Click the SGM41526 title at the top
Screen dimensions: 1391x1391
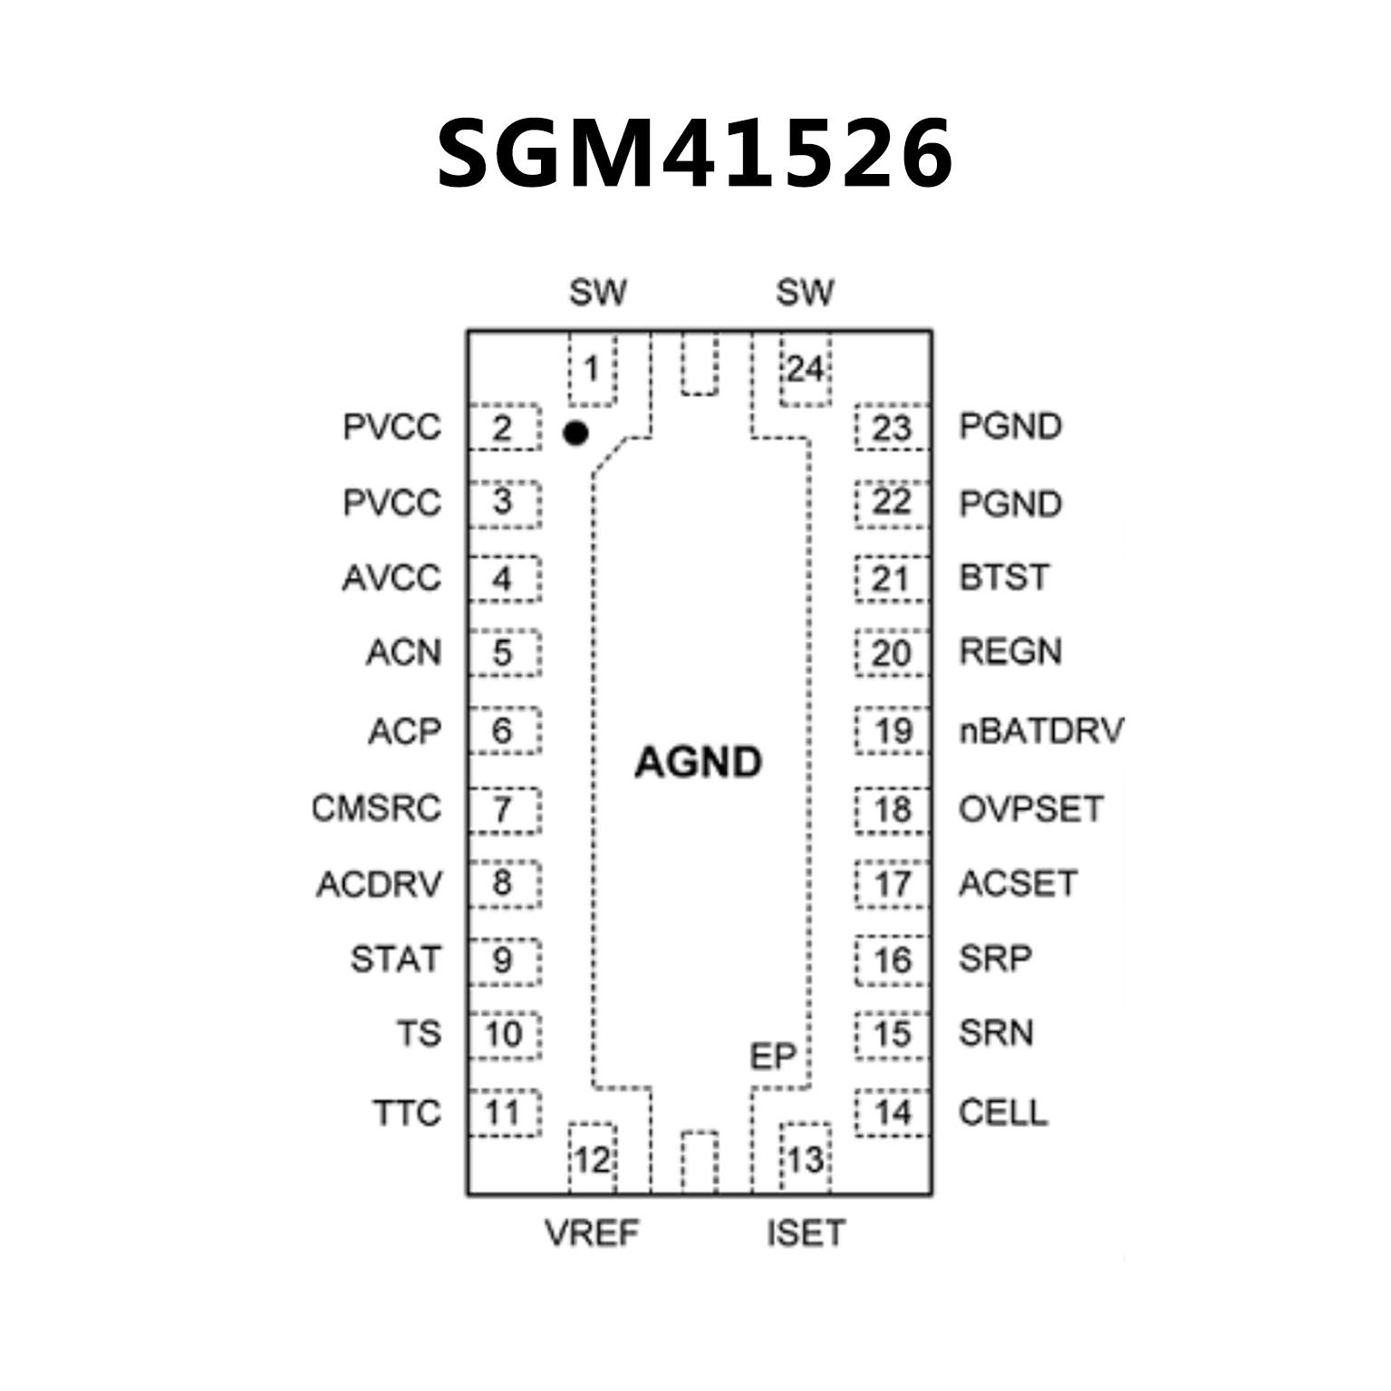[x=694, y=154]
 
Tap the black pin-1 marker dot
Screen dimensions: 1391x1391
[x=575, y=433]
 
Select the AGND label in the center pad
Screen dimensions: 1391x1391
[x=698, y=762]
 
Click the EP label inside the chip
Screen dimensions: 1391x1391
[x=772, y=1057]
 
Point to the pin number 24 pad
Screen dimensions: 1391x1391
[x=805, y=370]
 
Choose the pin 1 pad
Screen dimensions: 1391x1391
[x=592, y=370]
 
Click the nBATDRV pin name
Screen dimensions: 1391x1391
[x=1041, y=730]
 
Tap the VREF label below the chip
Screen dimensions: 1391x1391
[x=592, y=1232]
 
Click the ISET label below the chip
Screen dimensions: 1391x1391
[x=806, y=1232]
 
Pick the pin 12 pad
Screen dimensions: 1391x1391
[x=592, y=1159]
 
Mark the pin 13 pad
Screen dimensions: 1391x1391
[x=805, y=1159]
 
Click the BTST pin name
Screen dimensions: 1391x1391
[x=1004, y=577]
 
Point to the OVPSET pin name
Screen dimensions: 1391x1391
[x=1031, y=808]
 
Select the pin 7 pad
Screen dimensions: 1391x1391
[x=504, y=809]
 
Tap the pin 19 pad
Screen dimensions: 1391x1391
[x=892, y=730]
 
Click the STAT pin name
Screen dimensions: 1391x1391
[x=395, y=959]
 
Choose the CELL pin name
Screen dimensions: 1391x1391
[x=1003, y=1112]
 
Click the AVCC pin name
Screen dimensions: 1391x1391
[x=391, y=577]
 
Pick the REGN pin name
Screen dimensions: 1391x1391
[x=1010, y=652]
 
